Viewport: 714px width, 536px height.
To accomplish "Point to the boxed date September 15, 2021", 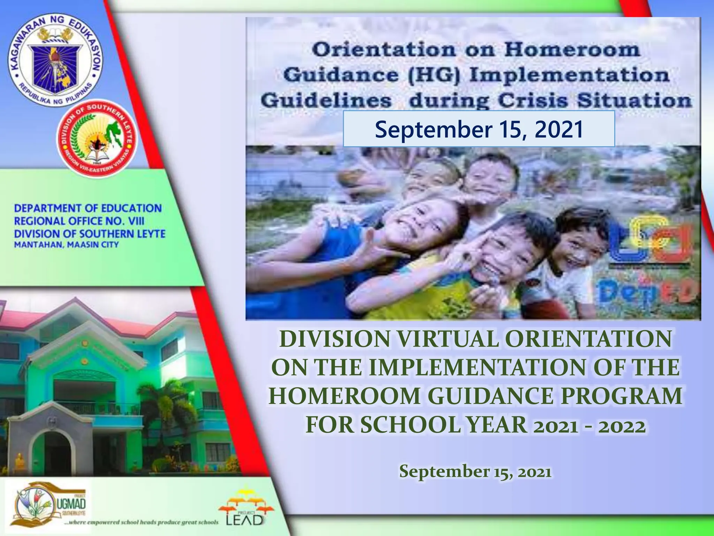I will click(479, 129).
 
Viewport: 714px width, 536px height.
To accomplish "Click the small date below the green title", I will click(475, 471).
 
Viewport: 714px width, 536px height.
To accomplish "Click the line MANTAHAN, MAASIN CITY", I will click(66, 245).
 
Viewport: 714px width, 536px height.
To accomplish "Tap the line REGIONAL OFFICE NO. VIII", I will click(79, 221).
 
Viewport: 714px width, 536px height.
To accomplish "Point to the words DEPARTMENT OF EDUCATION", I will click(88, 208).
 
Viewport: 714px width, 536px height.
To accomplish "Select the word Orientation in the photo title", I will click(383, 50).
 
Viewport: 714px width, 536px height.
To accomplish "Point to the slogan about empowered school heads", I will click(142, 522).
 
